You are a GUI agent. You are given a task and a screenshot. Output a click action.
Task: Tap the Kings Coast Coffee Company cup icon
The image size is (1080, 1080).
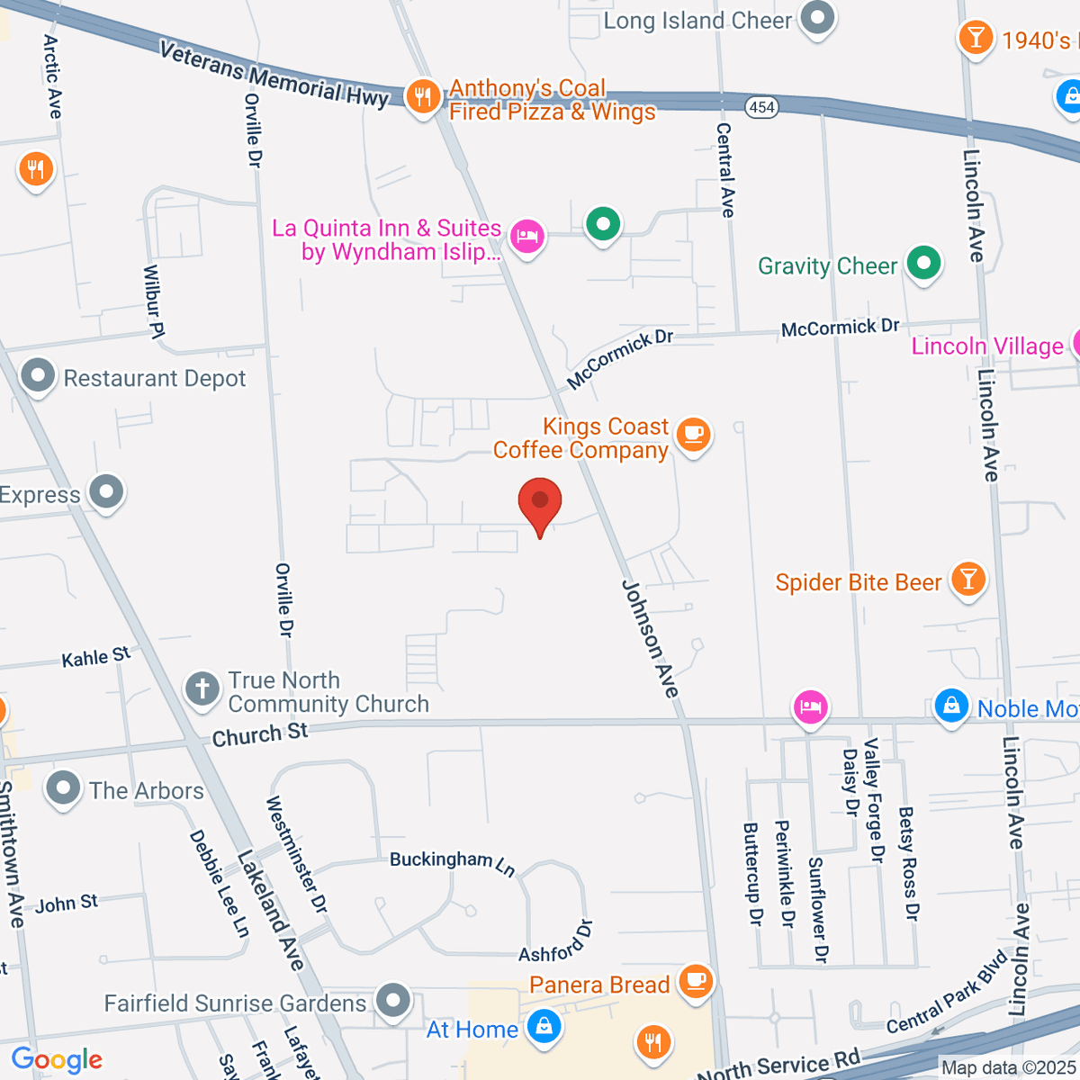point(692,435)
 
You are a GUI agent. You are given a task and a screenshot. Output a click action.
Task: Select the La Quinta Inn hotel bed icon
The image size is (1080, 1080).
point(527,237)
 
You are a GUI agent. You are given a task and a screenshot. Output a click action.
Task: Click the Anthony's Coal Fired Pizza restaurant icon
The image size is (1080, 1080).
point(422,95)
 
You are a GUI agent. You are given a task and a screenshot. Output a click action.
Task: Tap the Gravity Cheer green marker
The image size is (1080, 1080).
point(923,264)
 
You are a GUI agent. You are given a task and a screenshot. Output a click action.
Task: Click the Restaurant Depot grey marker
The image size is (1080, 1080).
point(38,377)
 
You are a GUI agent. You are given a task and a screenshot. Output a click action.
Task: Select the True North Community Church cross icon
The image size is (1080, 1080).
point(202,689)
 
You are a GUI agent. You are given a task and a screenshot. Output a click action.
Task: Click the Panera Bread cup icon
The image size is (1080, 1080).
point(695,980)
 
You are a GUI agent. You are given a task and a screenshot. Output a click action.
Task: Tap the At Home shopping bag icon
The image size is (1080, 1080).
point(543,1026)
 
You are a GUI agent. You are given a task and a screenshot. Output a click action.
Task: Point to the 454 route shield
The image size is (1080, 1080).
point(761,107)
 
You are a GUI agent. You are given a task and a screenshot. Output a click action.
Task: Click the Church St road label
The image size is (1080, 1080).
point(260,734)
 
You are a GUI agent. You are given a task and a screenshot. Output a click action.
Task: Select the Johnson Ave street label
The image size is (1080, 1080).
point(650,638)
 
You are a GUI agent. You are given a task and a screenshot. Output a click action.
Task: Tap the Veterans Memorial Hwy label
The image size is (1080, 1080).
point(274,74)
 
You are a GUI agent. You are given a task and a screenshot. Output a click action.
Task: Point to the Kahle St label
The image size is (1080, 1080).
point(96,658)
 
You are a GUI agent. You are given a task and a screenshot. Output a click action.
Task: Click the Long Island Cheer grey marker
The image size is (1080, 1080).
point(818,19)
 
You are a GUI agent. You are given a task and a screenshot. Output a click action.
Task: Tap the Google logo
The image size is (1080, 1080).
point(58,1059)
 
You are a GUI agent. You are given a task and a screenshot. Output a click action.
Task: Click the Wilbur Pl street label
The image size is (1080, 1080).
point(154,301)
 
